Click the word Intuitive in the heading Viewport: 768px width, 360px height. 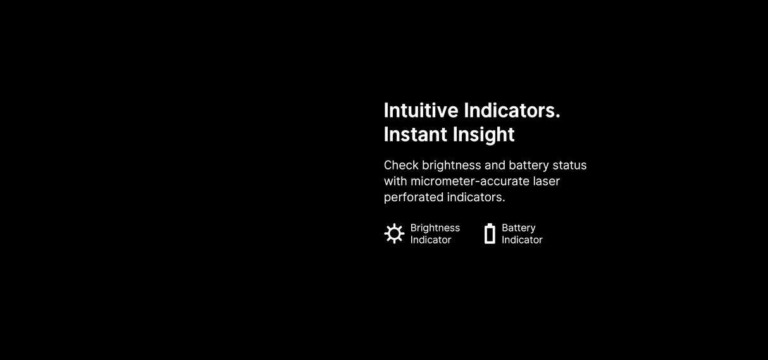pyautogui.click(x=421, y=111)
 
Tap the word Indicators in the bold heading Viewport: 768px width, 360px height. pyautogui.click(x=512, y=111)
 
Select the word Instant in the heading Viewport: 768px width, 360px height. pyautogui.click(x=414, y=135)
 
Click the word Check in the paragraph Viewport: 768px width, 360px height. pyautogui.click(x=401, y=165)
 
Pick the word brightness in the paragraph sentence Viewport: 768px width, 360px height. pyautogui.click(x=451, y=165)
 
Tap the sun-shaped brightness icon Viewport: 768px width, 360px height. pyautogui.click(x=394, y=233)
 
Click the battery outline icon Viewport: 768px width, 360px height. pyautogui.click(x=490, y=233)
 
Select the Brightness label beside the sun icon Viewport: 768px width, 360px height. pyautogui.click(x=435, y=228)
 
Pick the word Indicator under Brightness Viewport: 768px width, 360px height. pyautogui.click(x=430, y=240)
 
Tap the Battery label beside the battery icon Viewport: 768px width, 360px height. pyautogui.click(x=518, y=228)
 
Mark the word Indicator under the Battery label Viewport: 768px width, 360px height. pyautogui.click(x=522, y=240)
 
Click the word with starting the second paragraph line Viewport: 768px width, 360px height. pyautogui.click(x=395, y=181)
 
